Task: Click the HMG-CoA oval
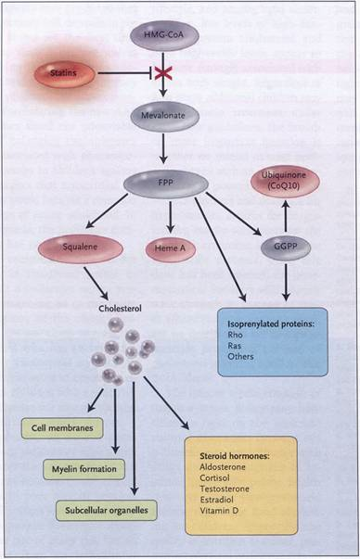point(164,35)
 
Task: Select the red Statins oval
point(64,74)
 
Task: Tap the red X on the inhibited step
point(163,74)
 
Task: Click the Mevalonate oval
point(164,116)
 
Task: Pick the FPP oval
point(166,184)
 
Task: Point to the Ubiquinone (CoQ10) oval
point(285,181)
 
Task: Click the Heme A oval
point(171,249)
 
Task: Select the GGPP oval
point(286,248)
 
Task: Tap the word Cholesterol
point(120,309)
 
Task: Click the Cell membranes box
point(62,427)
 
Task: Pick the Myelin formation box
point(84,469)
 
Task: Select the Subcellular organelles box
point(107,511)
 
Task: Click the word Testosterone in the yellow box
point(225,489)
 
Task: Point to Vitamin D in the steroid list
point(219,511)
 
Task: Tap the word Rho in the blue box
point(235,335)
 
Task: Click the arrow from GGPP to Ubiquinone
point(286,216)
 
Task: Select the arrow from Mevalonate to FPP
point(163,148)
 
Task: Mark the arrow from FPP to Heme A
point(171,217)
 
